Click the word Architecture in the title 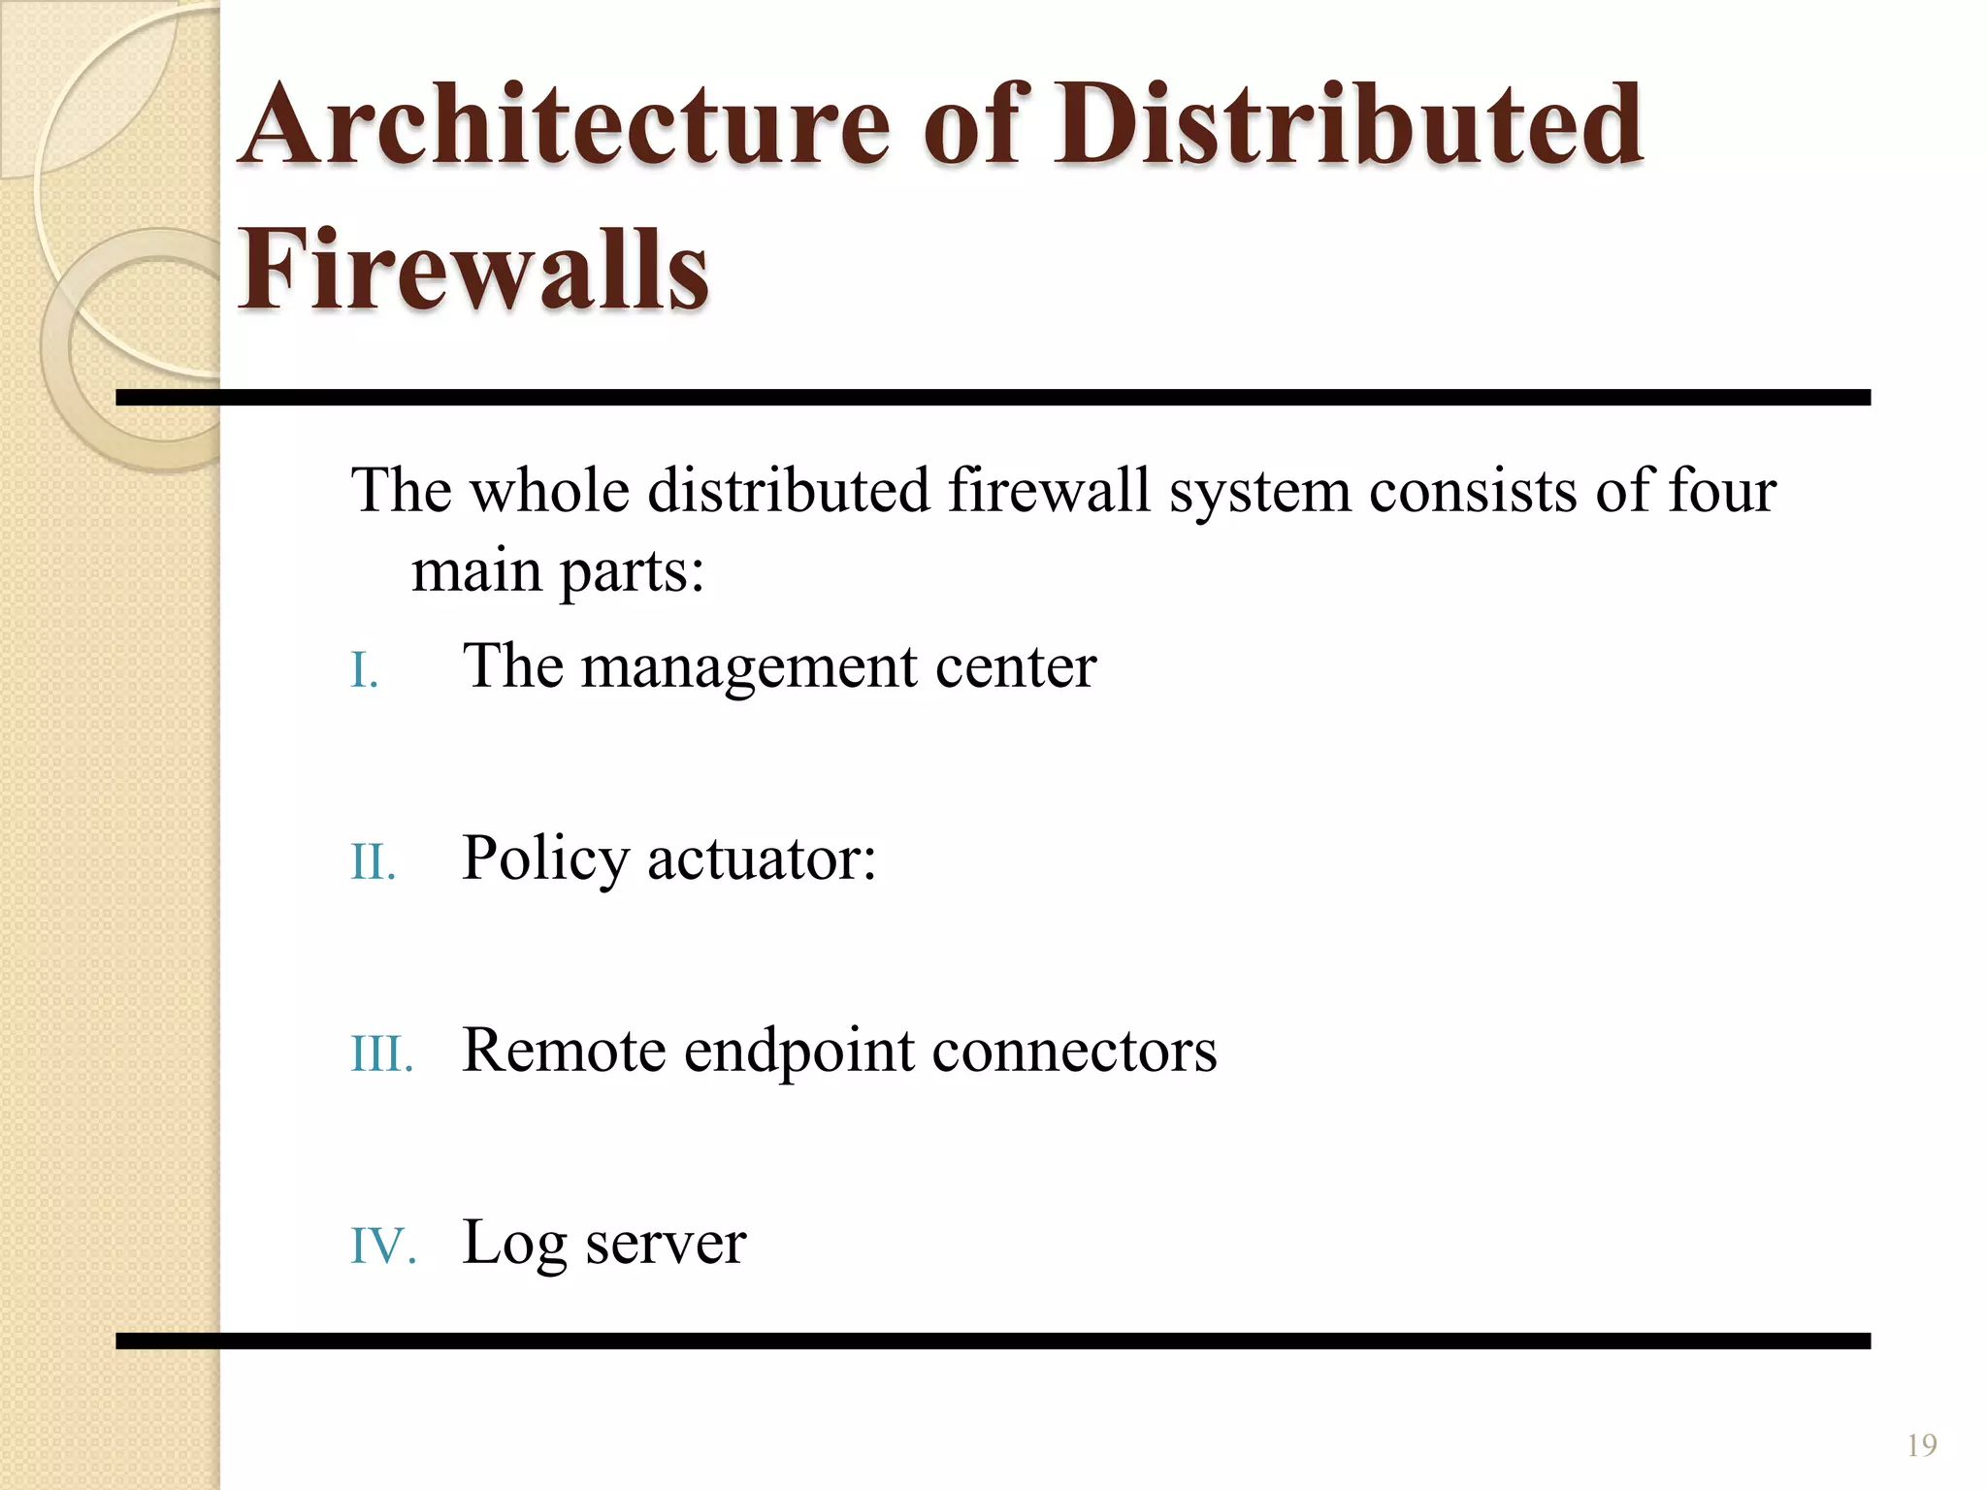click(564, 126)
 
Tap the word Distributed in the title click(1349, 126)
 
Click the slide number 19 click(1921, 1445)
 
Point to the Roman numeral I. click(364, 670)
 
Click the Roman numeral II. click(373, 861)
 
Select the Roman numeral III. click(381, 1053)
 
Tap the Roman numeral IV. click(382, 1246)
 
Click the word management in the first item click(749, 669)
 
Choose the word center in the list click(1015, 669)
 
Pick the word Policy click(545, 860)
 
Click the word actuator click(762, 860)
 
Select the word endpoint click(798, 1053)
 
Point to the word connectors click(1074, 1052)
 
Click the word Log click(514, 1245)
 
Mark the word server click(666, 1245)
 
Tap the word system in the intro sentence click(1259, 492)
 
